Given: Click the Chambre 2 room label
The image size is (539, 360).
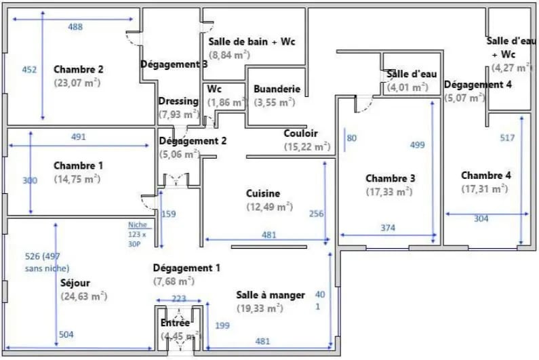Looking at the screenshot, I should tap(78, 69).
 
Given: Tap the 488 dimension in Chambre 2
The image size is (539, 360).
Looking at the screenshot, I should tap(75, 27).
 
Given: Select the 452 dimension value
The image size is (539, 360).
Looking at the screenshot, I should tap(29, 70).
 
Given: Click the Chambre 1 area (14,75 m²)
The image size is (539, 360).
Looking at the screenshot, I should tap(77, 179).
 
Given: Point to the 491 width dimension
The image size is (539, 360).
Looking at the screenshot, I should tap(79, 137).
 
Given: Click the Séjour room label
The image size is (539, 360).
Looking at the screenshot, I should tap(75, 283).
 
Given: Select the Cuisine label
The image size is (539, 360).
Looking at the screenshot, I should tap(262, 194).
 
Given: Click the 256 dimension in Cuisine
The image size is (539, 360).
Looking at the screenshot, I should tap(316, 214).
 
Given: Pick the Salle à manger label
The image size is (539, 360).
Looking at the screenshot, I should tap(271, 295).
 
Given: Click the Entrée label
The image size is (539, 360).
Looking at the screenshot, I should tap(175, 323).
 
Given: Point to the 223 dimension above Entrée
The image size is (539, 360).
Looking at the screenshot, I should tap(178, 300).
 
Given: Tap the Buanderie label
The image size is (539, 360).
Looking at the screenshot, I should tap(277, 89).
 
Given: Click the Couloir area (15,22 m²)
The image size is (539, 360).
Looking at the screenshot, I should tap(306, 146).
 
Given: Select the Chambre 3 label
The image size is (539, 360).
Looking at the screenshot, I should tap(390, 178).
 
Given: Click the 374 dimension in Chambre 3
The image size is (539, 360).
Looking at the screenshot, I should tap(387, 228).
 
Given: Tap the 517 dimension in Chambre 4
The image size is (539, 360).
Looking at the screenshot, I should tap(508, 138).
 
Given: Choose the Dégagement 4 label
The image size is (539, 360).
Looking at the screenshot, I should tap(477, 85).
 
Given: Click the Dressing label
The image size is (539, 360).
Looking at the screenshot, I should tap(178, 101).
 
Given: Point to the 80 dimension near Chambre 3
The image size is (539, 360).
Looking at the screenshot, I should tap(351, 138).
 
